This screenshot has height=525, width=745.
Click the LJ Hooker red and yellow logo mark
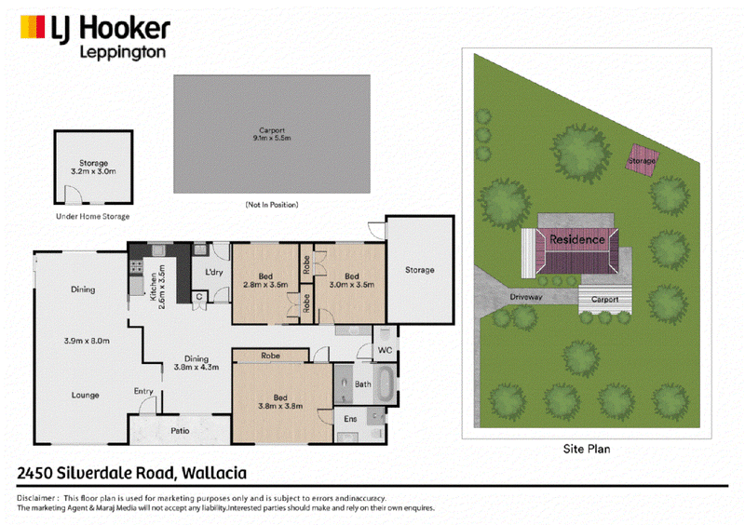tap(33, 27)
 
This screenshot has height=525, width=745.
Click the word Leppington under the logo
tap(123, 53)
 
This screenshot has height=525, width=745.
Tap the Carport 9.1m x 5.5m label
tap(272, 134)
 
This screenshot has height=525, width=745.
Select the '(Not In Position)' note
tap(272, 205)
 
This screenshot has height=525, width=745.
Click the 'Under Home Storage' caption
tap(92, 217)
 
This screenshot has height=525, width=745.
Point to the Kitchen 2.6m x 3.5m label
tap(157, 287)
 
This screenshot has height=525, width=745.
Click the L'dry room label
tap(214, 272)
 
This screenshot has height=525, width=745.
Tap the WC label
tap(385, 350)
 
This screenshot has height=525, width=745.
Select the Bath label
tap(363, 384)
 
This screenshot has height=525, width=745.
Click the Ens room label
tap(350, 419)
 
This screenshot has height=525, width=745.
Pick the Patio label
tap(180, 431)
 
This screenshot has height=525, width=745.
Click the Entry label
tap(143, 391)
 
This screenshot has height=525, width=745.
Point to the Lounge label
tap(86, 396)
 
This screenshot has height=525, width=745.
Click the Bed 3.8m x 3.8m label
tap(280, 402)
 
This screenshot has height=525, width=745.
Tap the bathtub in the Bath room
tap(386, 384)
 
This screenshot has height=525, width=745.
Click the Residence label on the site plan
tap(577, 239)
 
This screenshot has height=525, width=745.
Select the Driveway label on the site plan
tap(526, 297)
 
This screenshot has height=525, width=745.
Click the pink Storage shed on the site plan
tap(642, 160)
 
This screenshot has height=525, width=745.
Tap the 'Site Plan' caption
tap(587, 449)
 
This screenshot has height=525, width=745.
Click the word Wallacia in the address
tap(214, 473)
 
